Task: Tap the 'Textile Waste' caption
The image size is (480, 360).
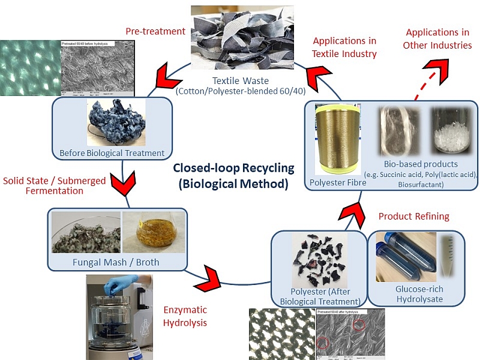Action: point(242,80)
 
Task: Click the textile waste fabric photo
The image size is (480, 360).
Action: point(242,37)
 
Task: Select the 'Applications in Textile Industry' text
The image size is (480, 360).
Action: point(344,47)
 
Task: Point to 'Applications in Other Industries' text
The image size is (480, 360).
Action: point(437,38)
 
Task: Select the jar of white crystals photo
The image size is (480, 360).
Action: point(453,134)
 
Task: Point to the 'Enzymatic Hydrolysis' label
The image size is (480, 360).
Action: point(185,316)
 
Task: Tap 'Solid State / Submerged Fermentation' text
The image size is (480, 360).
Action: point(54,186)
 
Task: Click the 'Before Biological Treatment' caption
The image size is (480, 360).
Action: point(112,153)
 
